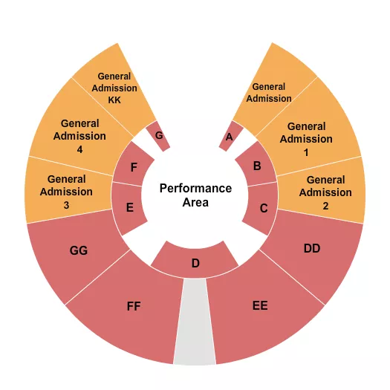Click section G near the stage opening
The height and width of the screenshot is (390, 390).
tap(158, 136)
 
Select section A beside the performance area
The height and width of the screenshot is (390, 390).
tap(230, 136)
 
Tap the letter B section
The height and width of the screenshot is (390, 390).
tap(257, 165)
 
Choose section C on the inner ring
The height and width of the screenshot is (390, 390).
tap(262, 208)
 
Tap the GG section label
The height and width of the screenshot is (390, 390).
tap(79, 250)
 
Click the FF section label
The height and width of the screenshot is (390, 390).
tap(134, 306)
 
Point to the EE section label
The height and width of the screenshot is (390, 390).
tap(260, 305)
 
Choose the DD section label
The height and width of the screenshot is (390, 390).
tap(312, 248)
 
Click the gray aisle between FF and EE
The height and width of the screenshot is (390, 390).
tap(195, 322)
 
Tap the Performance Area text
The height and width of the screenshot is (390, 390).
tap(195, 195)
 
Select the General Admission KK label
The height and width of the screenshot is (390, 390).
tap(114, 88)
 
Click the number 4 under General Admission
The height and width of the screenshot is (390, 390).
tap(79, 149)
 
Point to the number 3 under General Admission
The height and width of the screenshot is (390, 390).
tap(66, 205)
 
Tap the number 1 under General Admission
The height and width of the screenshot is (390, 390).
tap(306, 152)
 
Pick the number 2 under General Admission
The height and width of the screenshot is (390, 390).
tap(325, 206)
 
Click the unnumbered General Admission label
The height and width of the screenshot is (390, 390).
tap(269, 93)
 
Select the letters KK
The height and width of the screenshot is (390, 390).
tap(114, 100)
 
